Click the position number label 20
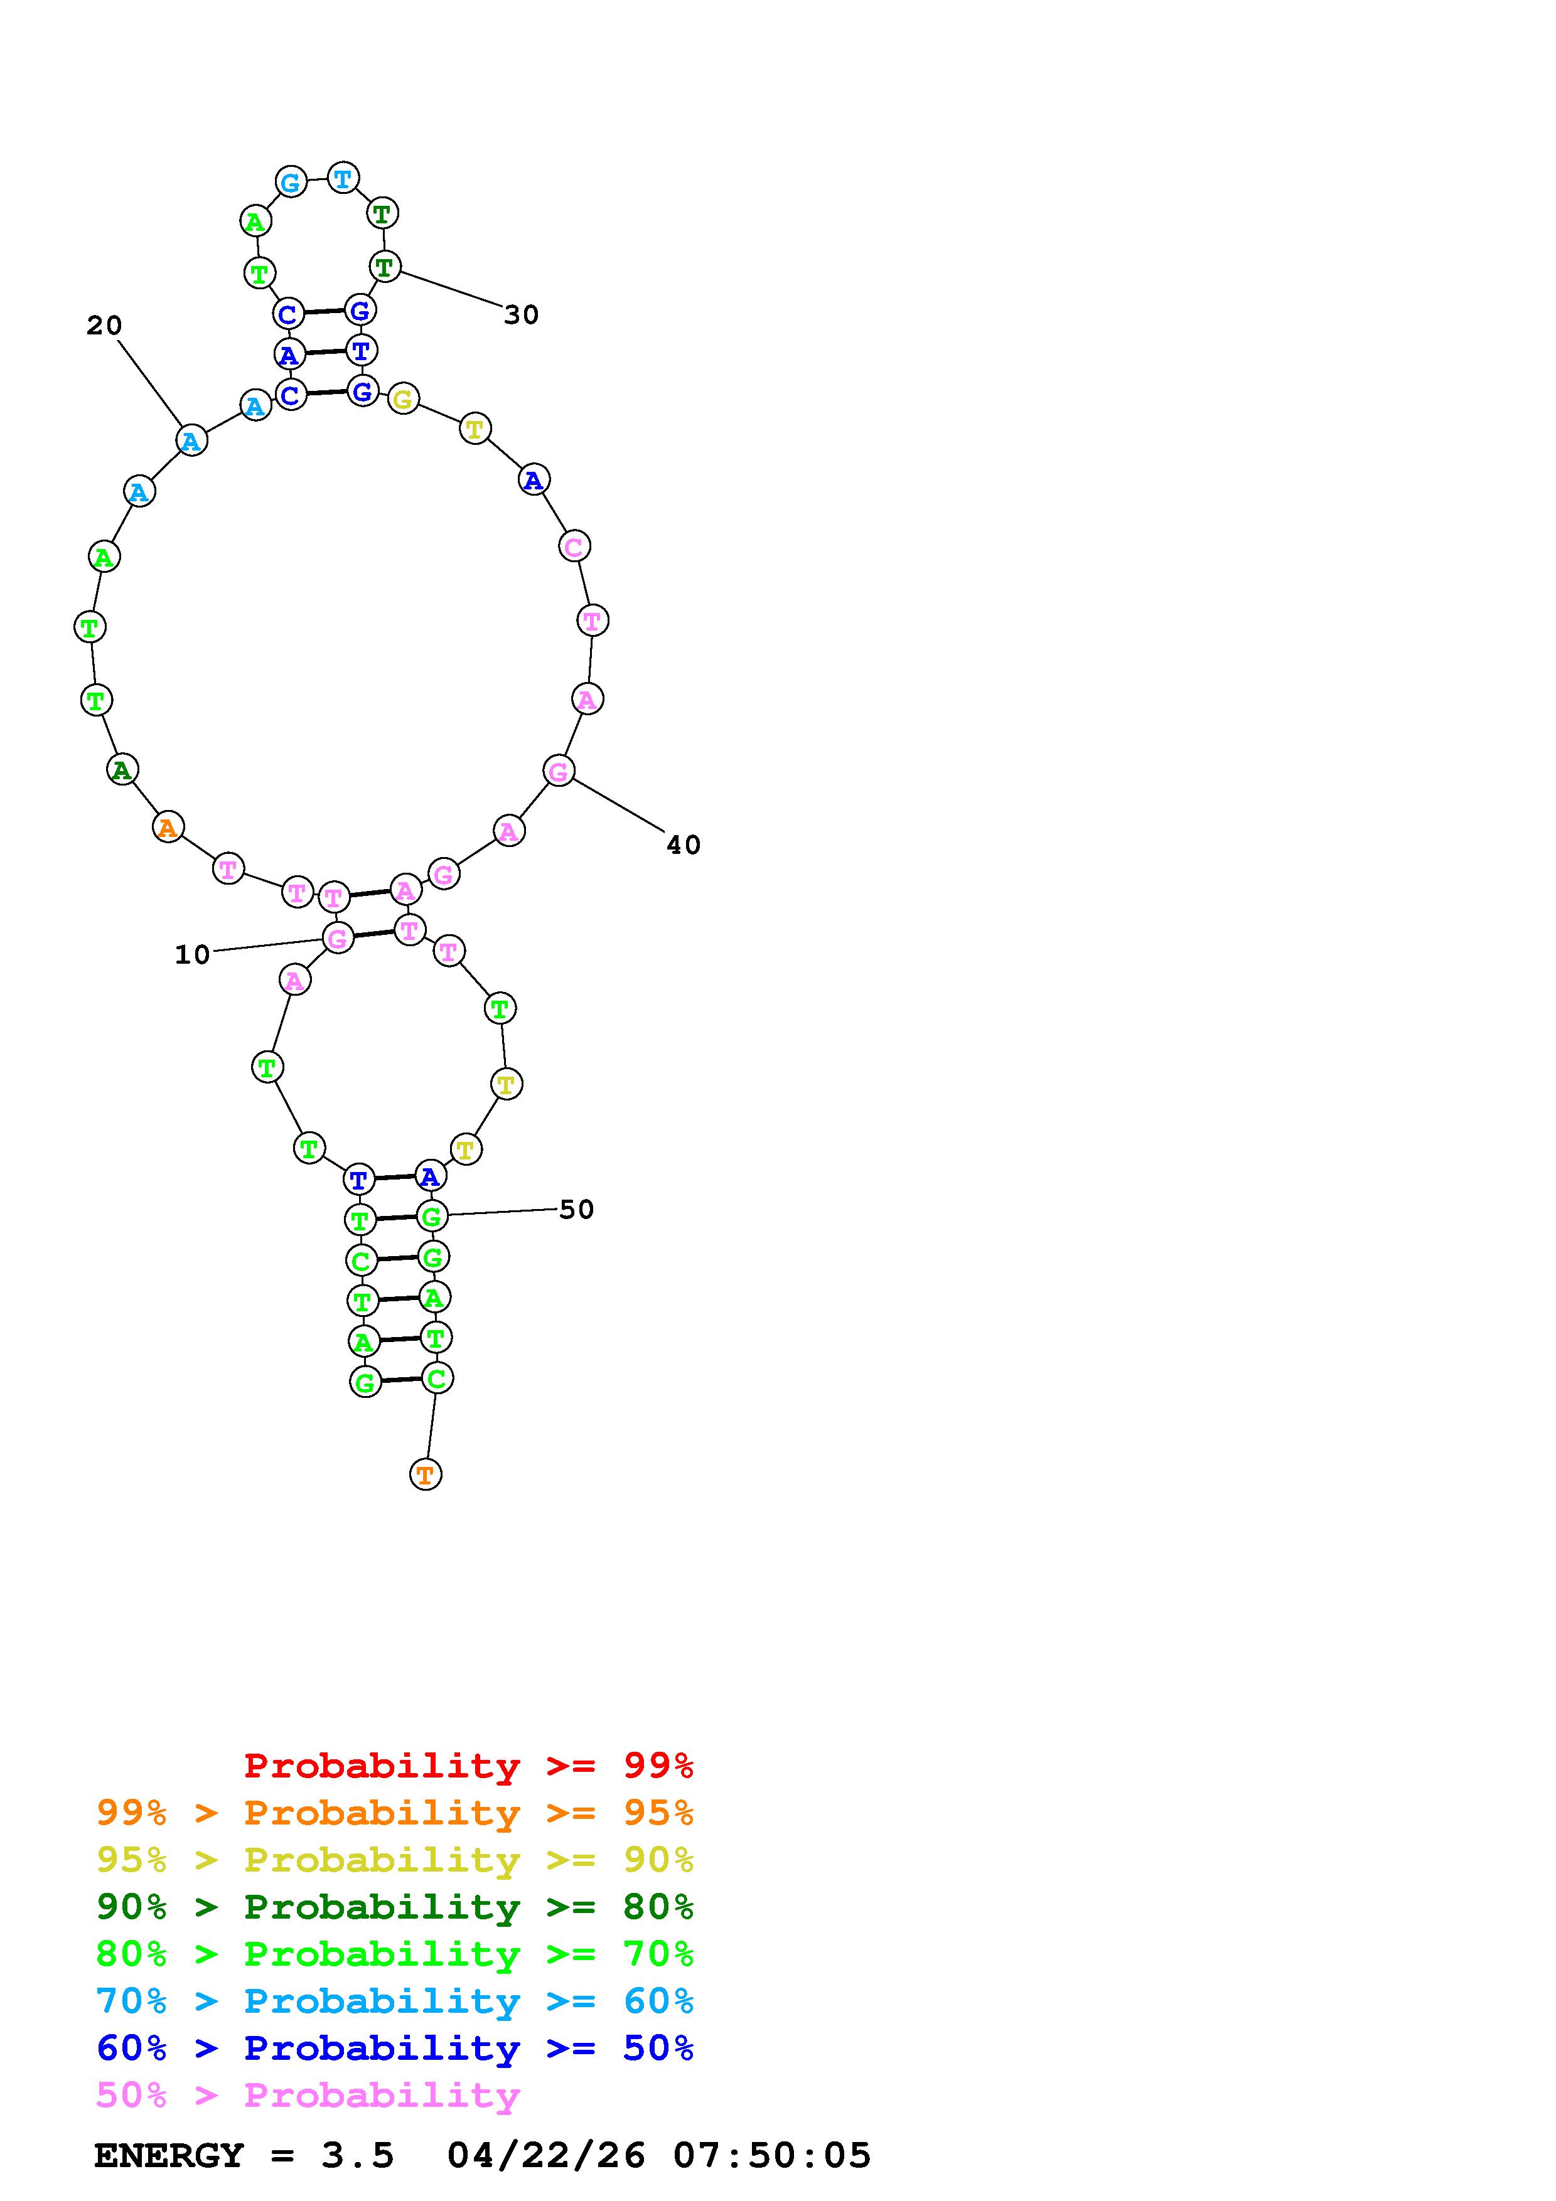click(x=104, y=326)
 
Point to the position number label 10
click(x=191, y=955)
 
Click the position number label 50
click(x=576, y=1210)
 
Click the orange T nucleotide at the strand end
click(x=426, y=1474)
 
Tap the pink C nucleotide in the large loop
click(x=573, y=546)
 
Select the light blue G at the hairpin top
click(x=291, y=181)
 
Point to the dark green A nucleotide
click(x=122, y=769)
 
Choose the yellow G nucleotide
click(x=404, y=399)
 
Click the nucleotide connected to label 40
click(x=559, y=770)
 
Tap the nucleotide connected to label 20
click(x=191, y=441)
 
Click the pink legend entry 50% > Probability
click(x=308, y=2096)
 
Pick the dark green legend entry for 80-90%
click(x=395, y=1907)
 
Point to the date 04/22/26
click(x=547, y=2156)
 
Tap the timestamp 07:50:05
click(x=772, y=2156)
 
